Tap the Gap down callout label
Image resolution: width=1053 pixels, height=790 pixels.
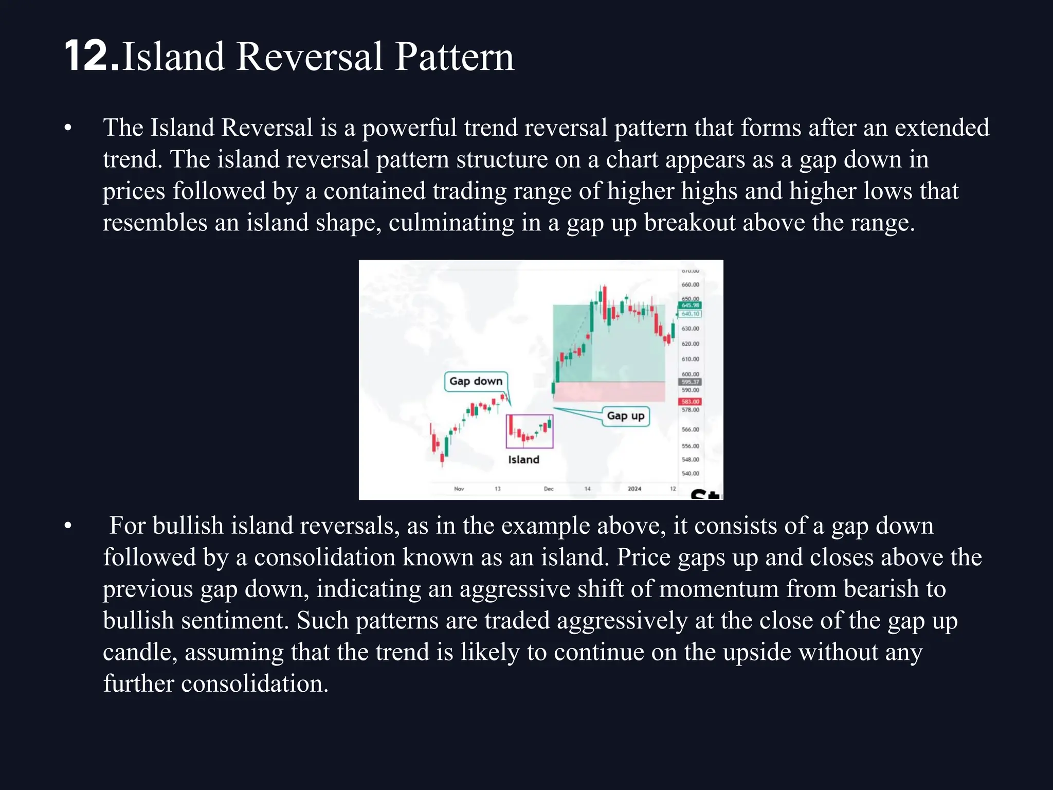click(476, 381)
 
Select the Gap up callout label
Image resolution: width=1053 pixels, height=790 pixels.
click(625, 416)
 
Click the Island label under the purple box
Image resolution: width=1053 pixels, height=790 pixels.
click(523, 460)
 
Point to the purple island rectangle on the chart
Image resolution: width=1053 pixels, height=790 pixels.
click(530, 431)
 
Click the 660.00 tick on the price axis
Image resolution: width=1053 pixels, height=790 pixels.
click(690, 284)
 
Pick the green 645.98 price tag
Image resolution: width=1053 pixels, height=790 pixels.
click(690, 305)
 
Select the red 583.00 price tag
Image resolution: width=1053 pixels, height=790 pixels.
click(690, 402)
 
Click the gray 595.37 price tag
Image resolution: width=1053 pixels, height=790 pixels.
click(690, 382)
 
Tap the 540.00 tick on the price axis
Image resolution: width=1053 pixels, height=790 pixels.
click(690, 473)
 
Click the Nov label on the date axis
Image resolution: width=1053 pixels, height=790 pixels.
click(459, 489)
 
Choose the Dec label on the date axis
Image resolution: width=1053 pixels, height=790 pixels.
click(549, 489)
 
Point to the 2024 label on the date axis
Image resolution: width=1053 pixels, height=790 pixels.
click(634, 489)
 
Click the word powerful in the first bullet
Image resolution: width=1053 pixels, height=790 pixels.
click(409, 128)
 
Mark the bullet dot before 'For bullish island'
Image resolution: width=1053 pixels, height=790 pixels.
click(68, 526)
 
